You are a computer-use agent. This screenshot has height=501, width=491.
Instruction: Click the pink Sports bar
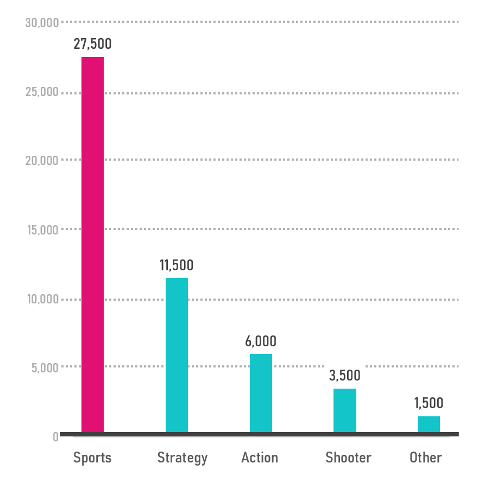(x=92, y=244)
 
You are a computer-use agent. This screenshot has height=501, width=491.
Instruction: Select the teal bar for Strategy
(x=177, y=355)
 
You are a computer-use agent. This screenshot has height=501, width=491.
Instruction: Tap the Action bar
(x=261, y=393)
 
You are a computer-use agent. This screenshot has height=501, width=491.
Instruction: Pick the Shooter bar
(x=345, y=410)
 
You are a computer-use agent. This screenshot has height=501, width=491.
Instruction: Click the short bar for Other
(x=429, y=424)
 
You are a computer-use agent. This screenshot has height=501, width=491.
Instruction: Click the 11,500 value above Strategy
(x=177, y=265)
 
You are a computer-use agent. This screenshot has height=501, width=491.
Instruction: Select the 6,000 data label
(x=261, y=341)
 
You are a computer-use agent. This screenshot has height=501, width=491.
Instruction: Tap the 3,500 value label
(x=345, y=376)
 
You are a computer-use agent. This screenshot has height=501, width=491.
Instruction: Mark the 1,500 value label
(x=429, y=403)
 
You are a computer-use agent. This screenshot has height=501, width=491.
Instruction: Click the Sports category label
(x=92, y=458)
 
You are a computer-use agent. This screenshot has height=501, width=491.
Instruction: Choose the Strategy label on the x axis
(x=182, y=458)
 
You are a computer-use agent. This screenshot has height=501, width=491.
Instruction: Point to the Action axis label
(x=260, y=458)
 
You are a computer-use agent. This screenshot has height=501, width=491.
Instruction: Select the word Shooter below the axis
(x=348, y=458)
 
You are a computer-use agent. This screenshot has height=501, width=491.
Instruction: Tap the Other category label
(x=426, y=458)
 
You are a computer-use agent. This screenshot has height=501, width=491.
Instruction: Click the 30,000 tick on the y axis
(x=42, y=23)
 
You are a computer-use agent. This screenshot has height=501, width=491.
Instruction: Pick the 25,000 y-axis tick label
(x=42, y=92)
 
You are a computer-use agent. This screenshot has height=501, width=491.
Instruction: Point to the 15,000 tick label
(x=42, y=230)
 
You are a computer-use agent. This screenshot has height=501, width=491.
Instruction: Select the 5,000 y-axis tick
(x=45, y=367)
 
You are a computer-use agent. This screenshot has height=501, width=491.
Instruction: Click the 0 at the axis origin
(x=55, y=436)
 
